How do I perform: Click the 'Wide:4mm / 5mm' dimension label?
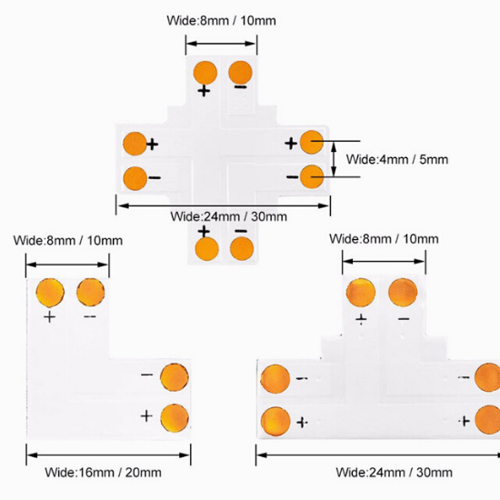(x=397, y=159)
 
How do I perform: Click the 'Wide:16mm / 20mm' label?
(x=103, y=472)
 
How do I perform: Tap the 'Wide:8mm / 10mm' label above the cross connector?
(x=221, y=21)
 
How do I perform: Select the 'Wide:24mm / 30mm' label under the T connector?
(x=395, y=472)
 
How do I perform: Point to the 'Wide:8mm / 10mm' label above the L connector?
(x=68, y=240)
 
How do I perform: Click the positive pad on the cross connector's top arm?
(x=205, y=73)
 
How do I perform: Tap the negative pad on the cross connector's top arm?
(x=240, y=73)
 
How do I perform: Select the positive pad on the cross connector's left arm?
(x=135, y=144)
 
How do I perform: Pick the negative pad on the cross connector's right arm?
(x=312, y=176)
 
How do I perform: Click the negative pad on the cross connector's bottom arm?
(x=242, y=248)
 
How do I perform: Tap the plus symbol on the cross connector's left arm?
(x=153, y=145)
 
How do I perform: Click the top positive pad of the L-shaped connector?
(x=50, y=293)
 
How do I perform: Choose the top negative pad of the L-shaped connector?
(x=91, y=292)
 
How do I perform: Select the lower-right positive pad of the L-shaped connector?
(x=175, y=418)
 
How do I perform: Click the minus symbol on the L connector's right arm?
(x=146, y=375)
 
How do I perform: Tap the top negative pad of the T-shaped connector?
(x=403, y=293)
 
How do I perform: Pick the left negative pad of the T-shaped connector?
(x=275, y=379)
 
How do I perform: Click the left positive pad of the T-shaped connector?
(x=275, y=422)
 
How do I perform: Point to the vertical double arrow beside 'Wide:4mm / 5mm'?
(x=334, y=159)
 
